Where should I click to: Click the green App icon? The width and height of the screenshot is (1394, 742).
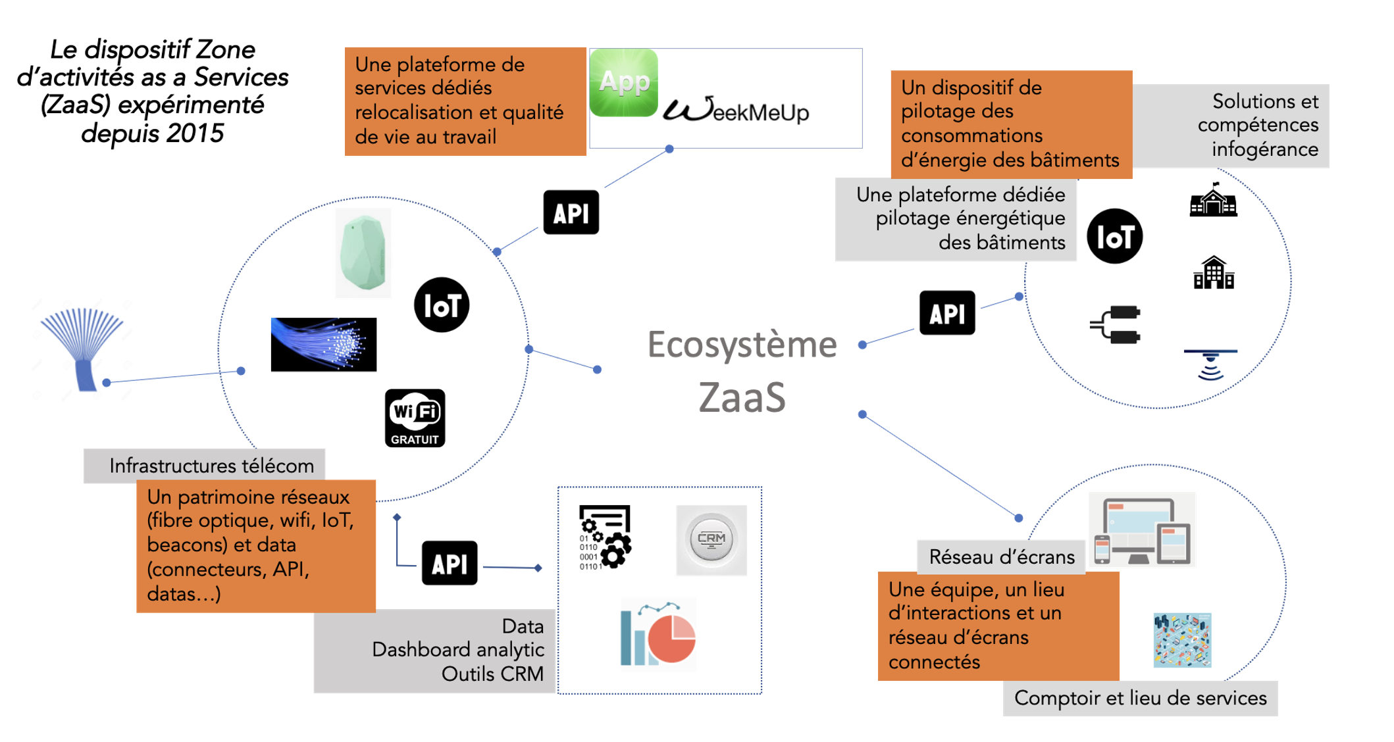coord(623,83)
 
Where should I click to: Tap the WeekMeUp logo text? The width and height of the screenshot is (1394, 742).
coord(736,111)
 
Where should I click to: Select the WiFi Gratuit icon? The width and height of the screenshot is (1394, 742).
coord(415,418)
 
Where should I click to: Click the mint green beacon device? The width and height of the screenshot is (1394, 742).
coord(363,253)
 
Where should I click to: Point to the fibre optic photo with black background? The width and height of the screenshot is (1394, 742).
coord(324,345)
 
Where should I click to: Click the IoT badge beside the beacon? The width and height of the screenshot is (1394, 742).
coord(442,305)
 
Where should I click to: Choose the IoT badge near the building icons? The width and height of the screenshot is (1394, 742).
coord(1114,236)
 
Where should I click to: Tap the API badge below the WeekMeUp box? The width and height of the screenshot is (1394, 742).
coord(571,212)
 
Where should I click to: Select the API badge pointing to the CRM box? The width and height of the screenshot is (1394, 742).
coord(450,563)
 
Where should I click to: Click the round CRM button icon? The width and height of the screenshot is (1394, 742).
coord(711,540)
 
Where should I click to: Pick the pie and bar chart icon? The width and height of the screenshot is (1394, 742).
coord(658,635)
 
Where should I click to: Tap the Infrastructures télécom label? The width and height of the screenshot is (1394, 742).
coord(211,466)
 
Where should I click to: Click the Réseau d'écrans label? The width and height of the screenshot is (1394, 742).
coord(1001,557)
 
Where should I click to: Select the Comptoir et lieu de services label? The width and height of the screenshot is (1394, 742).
coord(1140,698)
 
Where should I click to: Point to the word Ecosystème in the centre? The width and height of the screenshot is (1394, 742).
coord(742,345)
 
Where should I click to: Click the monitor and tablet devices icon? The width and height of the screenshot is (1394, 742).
coord(1142,530)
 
